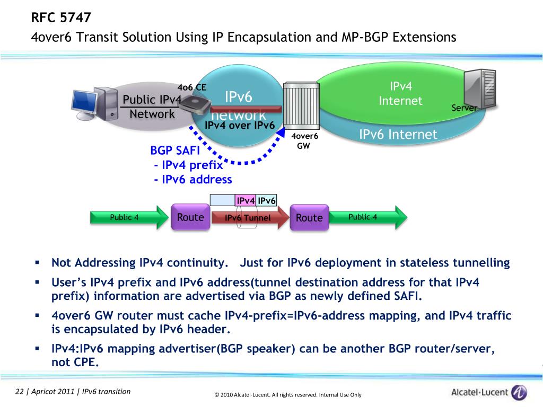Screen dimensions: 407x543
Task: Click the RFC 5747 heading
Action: tap(61, 18)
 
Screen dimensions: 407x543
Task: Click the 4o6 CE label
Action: tap(191, 87)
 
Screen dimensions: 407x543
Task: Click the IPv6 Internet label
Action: tap(398, 135)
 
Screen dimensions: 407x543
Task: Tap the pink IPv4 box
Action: tap(246, 200)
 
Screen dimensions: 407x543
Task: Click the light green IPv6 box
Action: tap(267, 200)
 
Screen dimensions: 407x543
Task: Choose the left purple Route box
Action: tap(190, 217)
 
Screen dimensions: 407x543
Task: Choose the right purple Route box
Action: tap(309, 217)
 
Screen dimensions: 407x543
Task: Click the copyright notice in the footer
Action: tap(288, 395)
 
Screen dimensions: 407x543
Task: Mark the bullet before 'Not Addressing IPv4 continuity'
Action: tap(38, 262)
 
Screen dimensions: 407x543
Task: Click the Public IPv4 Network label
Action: tap(152, 107)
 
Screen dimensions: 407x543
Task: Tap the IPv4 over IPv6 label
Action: tap(239, 126)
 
